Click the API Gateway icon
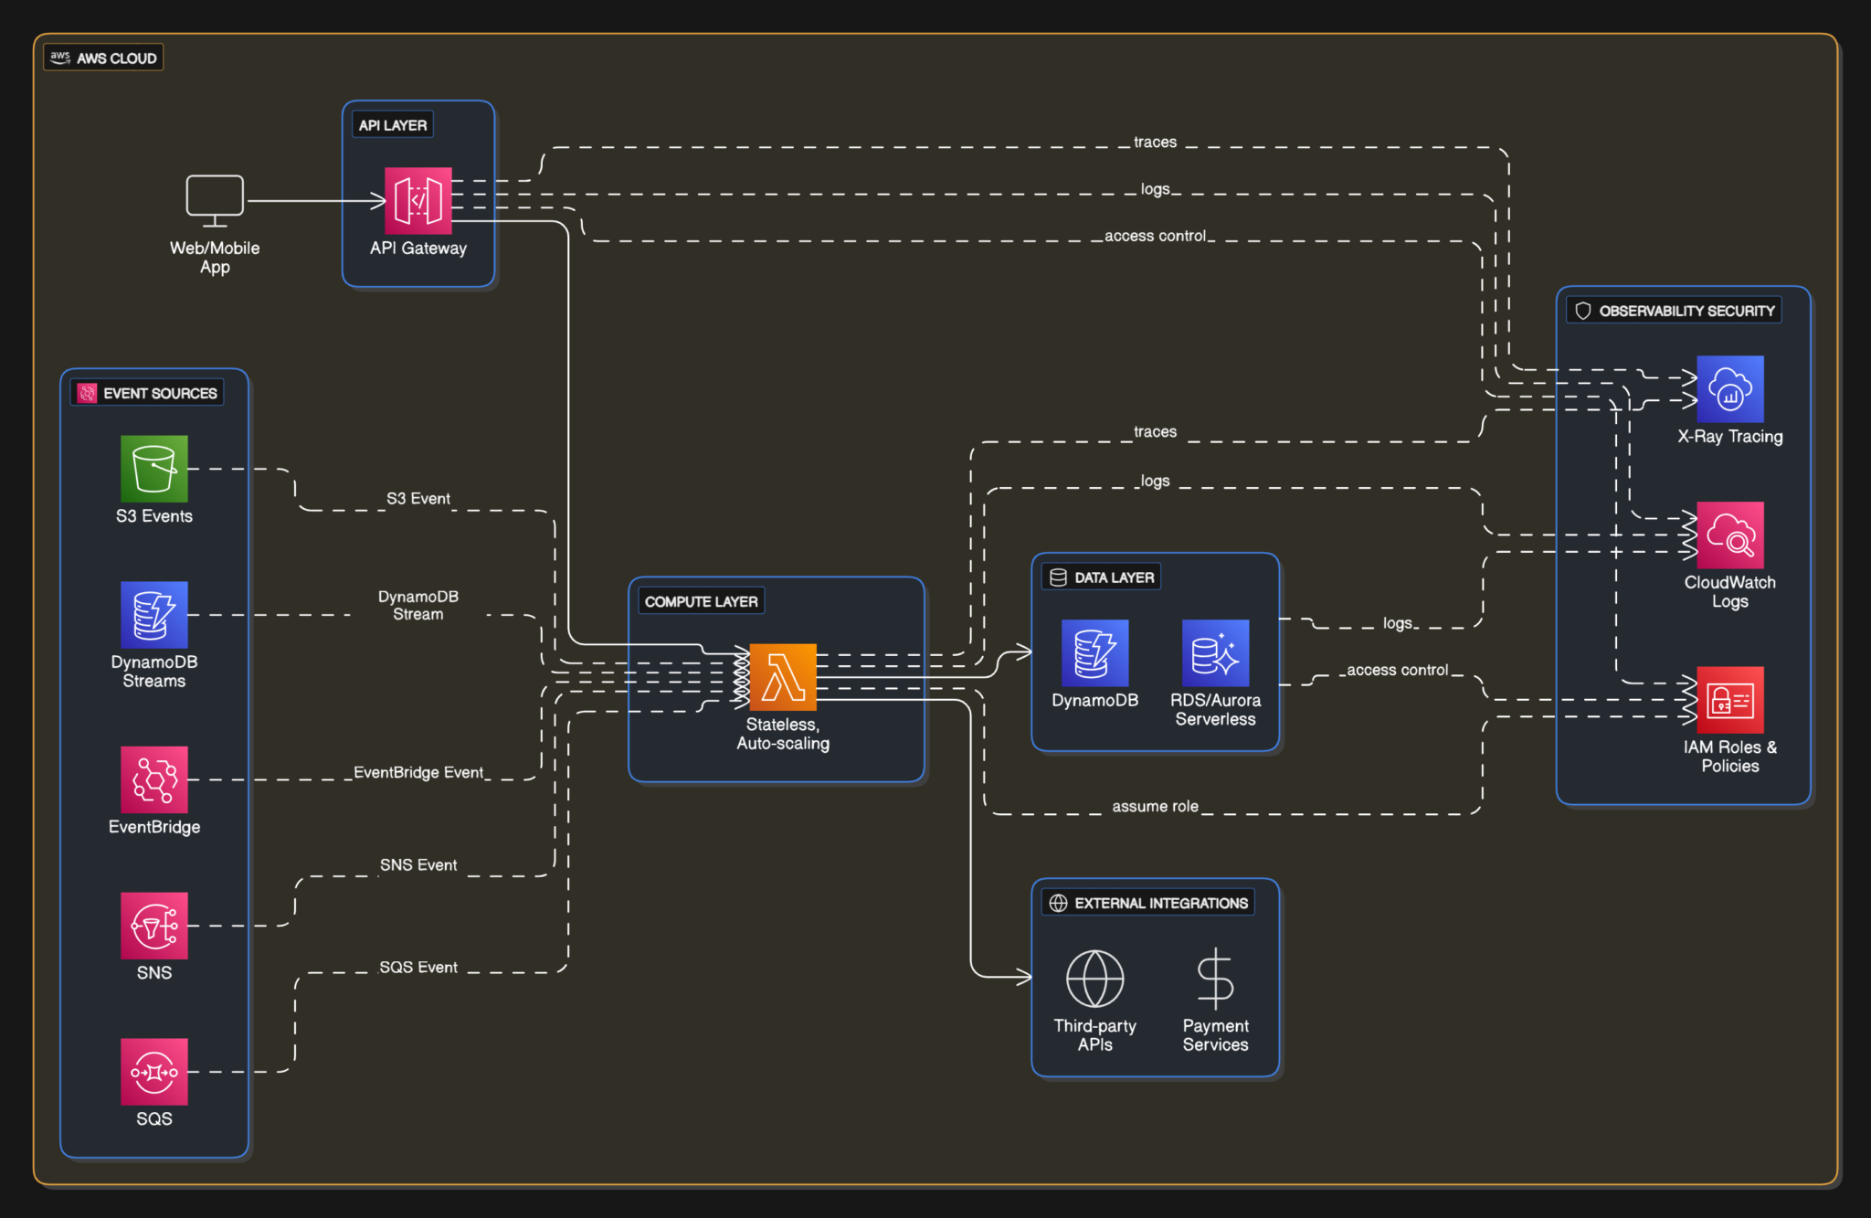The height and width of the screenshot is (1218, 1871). click(418, 200)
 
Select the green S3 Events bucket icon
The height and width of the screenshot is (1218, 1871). click(153, 468)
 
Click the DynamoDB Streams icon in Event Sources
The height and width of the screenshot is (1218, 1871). click(153, 614)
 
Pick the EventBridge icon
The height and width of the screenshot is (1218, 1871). click(153, 778)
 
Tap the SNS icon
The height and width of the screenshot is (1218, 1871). click(153, 925)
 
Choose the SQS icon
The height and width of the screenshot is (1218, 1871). click(153, 1071)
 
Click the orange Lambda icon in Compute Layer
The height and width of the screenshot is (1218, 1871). click(782, 677)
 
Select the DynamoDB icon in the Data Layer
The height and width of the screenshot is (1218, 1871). click(1094, 652)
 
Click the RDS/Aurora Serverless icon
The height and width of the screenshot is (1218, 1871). click(1215, 652)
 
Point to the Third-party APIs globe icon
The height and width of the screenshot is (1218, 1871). click(1094, 978)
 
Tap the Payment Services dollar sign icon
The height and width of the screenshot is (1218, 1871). click(1215, 978)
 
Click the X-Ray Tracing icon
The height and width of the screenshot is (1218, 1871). click(1729, 388)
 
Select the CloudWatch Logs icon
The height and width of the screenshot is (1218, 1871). click(1729, 535)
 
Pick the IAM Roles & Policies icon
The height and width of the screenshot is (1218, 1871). click(1729, 699)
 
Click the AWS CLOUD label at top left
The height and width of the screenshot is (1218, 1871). click(104, 58)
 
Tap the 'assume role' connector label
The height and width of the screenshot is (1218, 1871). click(1155, 806)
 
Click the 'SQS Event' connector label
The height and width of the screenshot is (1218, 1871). click(418, 967)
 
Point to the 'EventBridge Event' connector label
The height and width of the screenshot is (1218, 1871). click(418, 772)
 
